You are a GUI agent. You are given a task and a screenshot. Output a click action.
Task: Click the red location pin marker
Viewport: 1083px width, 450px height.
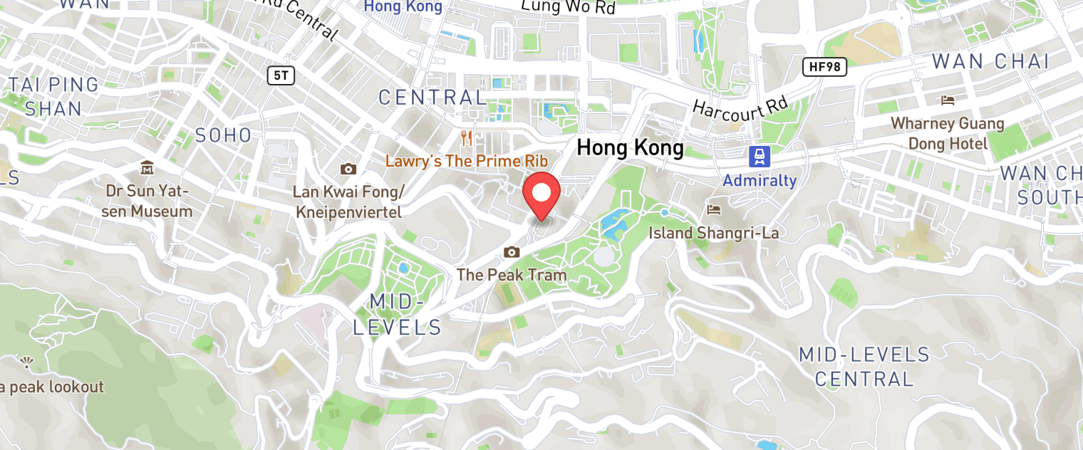(x=542, y=194)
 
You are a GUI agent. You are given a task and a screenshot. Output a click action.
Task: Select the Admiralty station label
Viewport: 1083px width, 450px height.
(x=760, y=180)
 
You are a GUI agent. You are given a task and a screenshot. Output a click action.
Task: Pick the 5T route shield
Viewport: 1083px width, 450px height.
(x=281, y=75)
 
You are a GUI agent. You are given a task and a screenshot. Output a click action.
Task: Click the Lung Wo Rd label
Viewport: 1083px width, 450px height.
(x=568, y=7)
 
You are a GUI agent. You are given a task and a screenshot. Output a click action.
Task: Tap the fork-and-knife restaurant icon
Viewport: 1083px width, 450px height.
(x=467, y=137)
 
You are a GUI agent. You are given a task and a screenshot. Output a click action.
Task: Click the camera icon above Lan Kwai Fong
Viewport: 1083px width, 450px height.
(x=348, y=169)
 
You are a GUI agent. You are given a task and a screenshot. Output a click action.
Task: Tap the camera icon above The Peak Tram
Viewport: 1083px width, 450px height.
(x=512, y=252)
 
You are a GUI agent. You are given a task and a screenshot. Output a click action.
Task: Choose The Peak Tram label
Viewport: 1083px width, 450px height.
(x=512, y=274)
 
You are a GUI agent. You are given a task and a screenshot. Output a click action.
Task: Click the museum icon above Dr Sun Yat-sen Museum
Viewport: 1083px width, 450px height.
(x=147, y=168)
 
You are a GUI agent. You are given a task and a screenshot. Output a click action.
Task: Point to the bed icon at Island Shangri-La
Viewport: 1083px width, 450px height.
(x=713, y=209)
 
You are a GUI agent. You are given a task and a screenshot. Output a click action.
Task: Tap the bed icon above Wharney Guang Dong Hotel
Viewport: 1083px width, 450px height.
(x=948, y=100)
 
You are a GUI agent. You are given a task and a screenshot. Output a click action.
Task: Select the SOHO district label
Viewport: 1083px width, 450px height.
(x=223, y=135)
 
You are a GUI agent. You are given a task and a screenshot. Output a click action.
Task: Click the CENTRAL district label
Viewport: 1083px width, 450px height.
(x=432, y=98)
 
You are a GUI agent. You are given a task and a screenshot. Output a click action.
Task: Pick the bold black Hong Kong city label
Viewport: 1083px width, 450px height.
(x=630, y=148)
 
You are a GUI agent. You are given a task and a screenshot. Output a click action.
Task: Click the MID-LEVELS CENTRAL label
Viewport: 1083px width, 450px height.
(x=864, y=367)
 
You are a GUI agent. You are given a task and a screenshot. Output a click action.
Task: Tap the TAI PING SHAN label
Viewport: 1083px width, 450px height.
(x=53, y=96)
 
